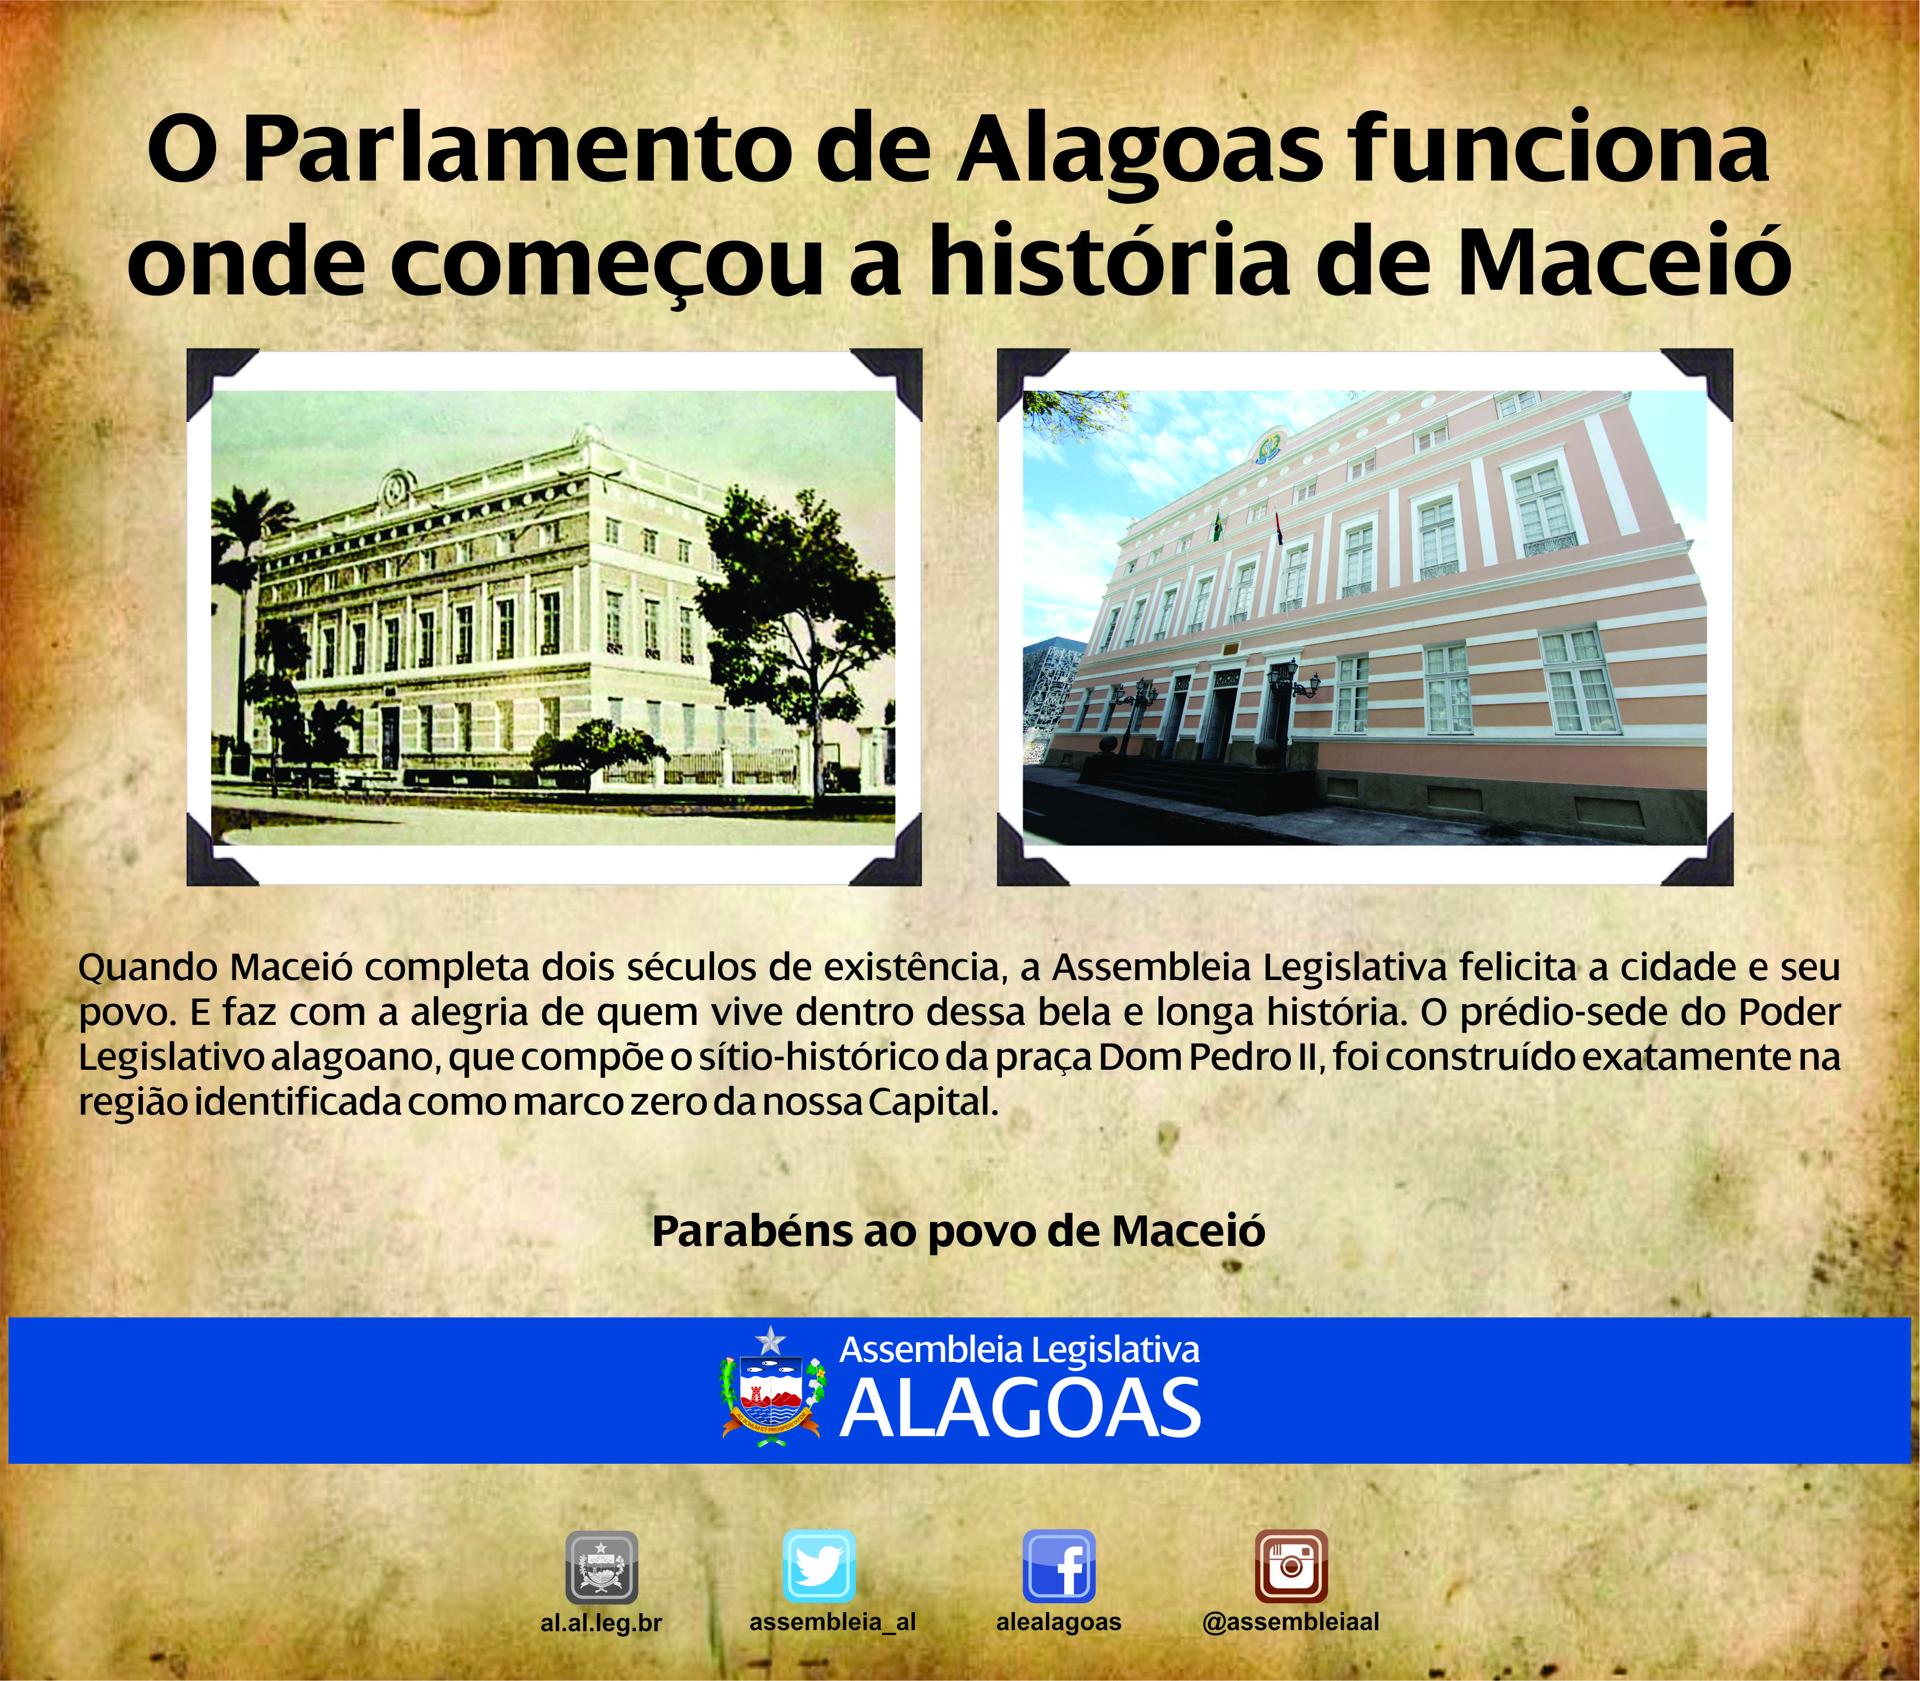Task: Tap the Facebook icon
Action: (x=1059, y=1567)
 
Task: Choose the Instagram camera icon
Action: (x=1291, y=1567)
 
